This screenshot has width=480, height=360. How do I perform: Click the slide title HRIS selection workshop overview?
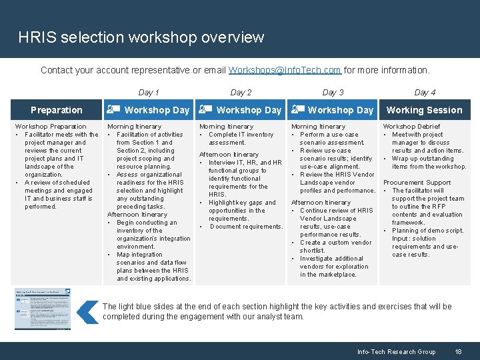(141, 37)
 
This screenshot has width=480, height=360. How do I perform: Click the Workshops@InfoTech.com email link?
(285, 70)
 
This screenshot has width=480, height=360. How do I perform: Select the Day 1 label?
(149, 93)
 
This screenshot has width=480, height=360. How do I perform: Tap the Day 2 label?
(241, 93)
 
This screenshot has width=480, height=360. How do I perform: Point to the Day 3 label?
(333, 93)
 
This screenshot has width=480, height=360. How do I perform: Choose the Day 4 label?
(425, 93)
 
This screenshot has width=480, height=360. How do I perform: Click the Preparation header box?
(57, 110)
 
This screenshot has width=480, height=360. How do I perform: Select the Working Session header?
(424, 110)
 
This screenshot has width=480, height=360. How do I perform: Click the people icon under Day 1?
(114, 110)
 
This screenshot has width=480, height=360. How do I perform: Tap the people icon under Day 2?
(206, 110)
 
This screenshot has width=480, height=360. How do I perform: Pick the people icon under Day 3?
(298, 110)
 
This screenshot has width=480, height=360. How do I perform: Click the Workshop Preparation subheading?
(51, 127)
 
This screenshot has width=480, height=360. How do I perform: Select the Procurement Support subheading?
(417, 183)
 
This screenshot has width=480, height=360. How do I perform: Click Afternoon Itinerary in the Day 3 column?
(321, 203)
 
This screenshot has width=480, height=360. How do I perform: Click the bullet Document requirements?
(246, 227)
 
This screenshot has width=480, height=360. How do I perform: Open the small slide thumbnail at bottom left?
(43, 309)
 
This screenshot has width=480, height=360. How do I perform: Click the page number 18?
(458, 352)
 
